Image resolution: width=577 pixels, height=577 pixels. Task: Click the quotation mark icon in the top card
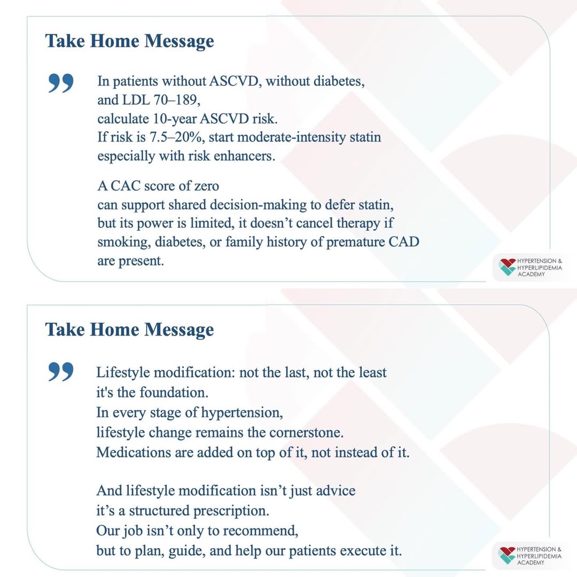click(60, 84)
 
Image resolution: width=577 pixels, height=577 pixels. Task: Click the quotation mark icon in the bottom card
click(60, 372)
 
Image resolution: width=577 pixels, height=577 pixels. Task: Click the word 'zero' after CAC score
click(204, 186)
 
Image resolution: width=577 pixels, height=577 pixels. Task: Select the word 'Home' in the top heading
click(119, 41)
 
